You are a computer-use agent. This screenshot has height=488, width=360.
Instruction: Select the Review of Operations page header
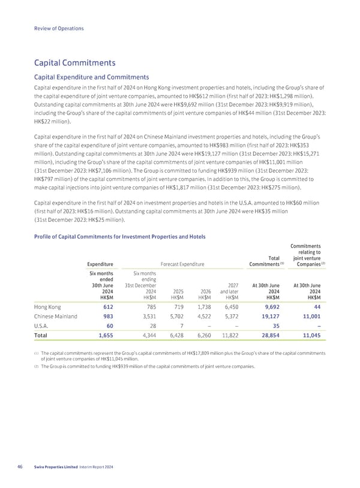tap(59, 29)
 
